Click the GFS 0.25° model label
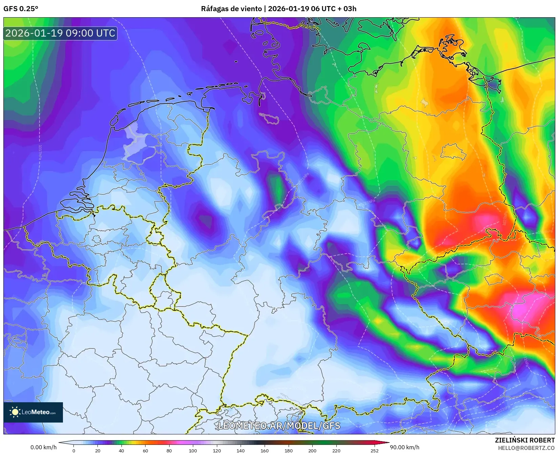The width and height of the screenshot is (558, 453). [x=21, y=8]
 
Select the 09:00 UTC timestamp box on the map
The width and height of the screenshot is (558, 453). [x=60, y=33]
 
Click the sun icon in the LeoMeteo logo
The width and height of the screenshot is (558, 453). [x=15, y=412]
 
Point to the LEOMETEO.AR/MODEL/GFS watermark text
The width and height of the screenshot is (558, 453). [x=279, y=426]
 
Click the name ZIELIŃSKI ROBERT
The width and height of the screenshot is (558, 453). [x=525, y=440]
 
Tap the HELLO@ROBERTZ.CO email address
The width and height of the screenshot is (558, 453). [x=526, y=448]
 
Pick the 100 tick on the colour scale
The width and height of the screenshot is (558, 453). [x=193, y=450]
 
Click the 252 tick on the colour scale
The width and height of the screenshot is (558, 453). [x=374, y=450]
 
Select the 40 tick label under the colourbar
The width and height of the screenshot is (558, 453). [x=121, y=450]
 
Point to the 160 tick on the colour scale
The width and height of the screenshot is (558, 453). [x=265, y=450]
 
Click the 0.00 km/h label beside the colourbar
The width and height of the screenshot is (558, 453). [x=44, y=447]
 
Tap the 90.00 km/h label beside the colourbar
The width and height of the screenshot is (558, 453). [x=404, y=447]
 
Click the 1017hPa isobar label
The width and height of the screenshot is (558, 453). [x=40, y=152]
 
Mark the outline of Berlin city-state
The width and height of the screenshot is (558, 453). [x=453, y=152]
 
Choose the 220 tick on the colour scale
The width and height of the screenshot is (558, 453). [x=336, y=450]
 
